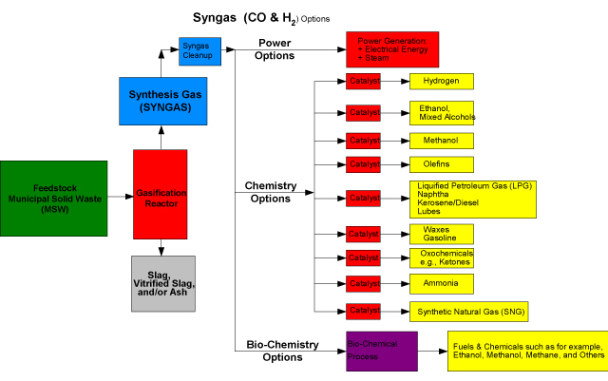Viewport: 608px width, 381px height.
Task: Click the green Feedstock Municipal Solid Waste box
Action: tap(53, 198)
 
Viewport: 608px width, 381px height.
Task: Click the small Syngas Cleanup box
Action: tap(199, 51)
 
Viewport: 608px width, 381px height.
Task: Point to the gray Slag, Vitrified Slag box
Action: tap(162, 282)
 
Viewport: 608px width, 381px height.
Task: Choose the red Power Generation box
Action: tap(391, 48)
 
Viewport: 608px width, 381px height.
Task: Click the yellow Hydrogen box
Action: tap(441, 82)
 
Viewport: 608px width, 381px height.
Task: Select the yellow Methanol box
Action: tap(441, 141)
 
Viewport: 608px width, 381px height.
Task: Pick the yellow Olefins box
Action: tap(441, 164)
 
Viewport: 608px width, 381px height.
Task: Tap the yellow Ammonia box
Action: tap(441, 283)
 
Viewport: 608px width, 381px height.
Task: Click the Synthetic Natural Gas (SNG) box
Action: tap(466, 311)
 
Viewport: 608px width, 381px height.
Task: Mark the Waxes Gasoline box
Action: tap(441, 234)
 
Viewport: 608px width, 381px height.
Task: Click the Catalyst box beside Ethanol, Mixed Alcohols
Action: tap(363, 113)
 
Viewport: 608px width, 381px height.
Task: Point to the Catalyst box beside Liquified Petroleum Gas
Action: tap(363, 198)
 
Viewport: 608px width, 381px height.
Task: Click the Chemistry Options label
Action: tap(271, 191)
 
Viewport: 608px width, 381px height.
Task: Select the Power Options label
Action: tap(275, 48)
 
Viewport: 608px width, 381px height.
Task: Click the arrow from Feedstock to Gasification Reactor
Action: tap(119, 198)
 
